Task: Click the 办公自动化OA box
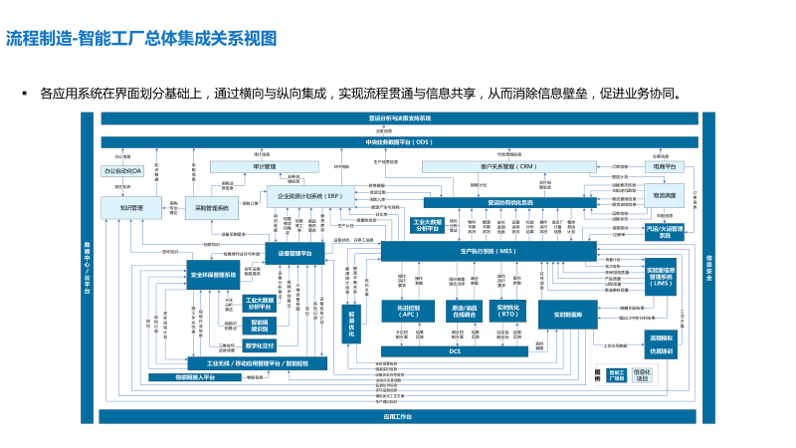click(123, 171)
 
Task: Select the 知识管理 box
click(123, 207)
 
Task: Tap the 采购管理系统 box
click(211, 209)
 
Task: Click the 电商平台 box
click(666, 167)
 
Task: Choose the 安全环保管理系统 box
click(213, 274)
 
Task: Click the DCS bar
click(455, 350)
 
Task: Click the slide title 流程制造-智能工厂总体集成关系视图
click(140, 40)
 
